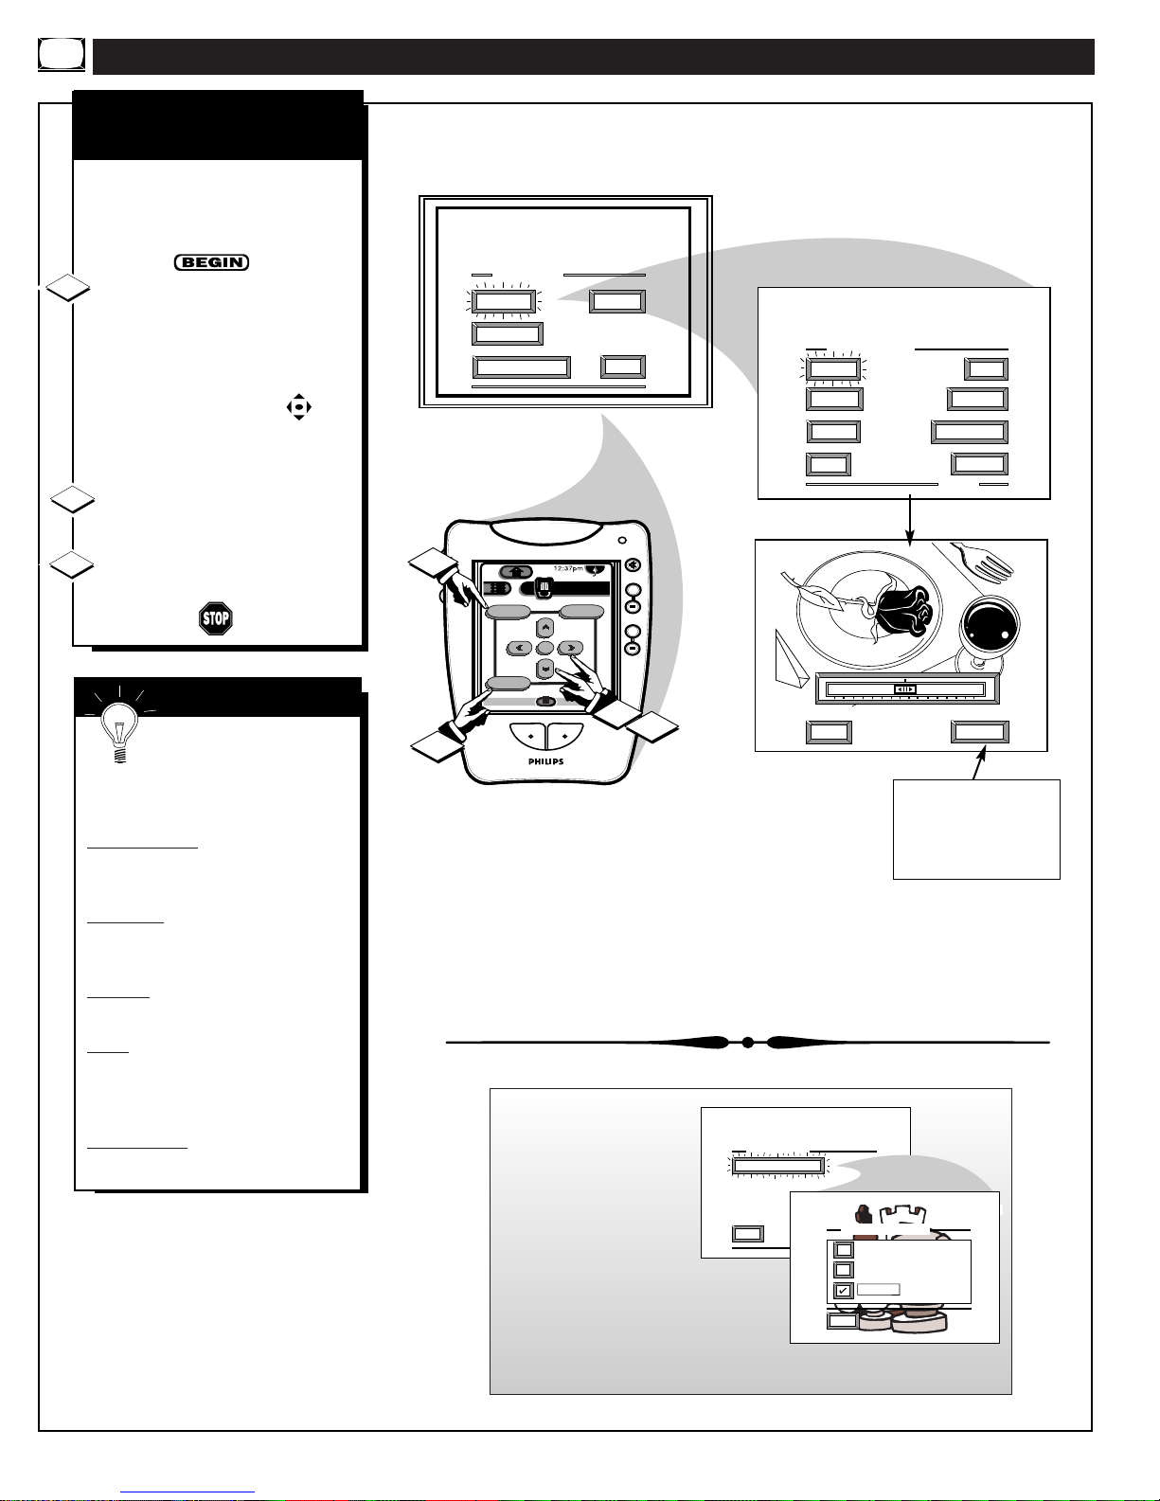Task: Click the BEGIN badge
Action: click(x=211, y=262)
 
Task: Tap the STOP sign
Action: click(x=216, y=618)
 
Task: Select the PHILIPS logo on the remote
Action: click(x=545, y=761)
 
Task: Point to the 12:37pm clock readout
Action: click(x=567, y=568)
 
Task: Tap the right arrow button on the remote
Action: click(x=571, y=648)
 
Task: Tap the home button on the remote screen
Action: click(x=516, y=572)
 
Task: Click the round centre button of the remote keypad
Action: click(x=544, y=648)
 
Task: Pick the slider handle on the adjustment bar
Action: click(x=905, y=689)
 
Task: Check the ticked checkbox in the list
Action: click(x=843, y=1290)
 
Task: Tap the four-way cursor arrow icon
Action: click(x=299, y=407)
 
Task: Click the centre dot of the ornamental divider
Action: click(x=747, y=1043)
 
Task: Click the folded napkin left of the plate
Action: click(x=791, y=659)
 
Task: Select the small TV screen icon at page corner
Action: click(x=62, y=55)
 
